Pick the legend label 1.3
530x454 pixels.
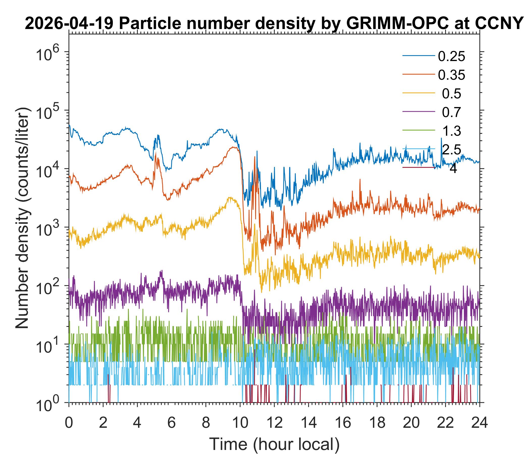(452, 131)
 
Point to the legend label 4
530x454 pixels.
(453, 168)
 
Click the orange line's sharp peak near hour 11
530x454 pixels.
(255, 156)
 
